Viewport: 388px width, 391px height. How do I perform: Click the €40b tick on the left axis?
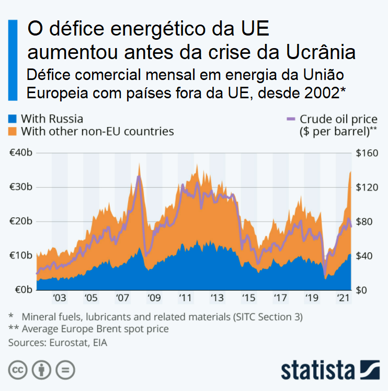point(22,153)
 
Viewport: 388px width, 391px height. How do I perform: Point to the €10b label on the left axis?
point(22,256)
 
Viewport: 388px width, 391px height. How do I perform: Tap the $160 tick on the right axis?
point(366,153)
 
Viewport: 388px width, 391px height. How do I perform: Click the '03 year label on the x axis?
point(59,298)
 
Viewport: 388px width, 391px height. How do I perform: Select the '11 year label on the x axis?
point(185,298)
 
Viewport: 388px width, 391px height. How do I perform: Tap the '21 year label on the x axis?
point(343,298)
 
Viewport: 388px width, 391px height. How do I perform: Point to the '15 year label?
point(248,298)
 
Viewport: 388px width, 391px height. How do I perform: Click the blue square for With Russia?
point(12,119)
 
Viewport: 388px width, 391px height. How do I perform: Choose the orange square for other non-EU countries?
point(12,131)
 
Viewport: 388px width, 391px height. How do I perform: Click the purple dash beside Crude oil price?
point(291,120)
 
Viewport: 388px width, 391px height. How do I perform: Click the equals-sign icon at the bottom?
point(65,370)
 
